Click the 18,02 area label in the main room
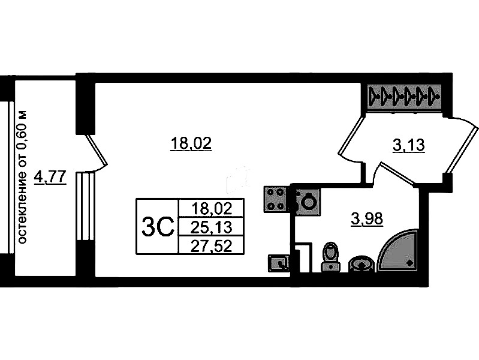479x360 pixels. coord(191,143)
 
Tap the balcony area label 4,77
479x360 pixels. coord(50,177)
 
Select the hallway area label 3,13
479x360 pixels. coord(409,145)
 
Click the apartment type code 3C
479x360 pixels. coord(158,227)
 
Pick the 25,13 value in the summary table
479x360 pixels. coord(211,227)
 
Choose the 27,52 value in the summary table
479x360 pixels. coord(211,245)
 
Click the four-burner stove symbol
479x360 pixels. coord(275,199)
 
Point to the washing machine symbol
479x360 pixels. coord(308,200)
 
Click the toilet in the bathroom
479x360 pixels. coord(331,257)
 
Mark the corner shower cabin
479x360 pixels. coord(398,251)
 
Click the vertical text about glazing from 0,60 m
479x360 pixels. coord(22,177)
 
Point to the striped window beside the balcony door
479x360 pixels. coord(85,207)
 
